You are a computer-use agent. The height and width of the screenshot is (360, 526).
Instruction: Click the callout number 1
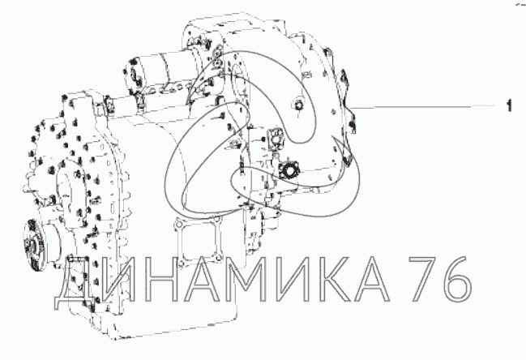tap(509, 105)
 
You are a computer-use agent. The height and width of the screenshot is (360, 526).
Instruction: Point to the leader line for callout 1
tap(421, 107)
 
